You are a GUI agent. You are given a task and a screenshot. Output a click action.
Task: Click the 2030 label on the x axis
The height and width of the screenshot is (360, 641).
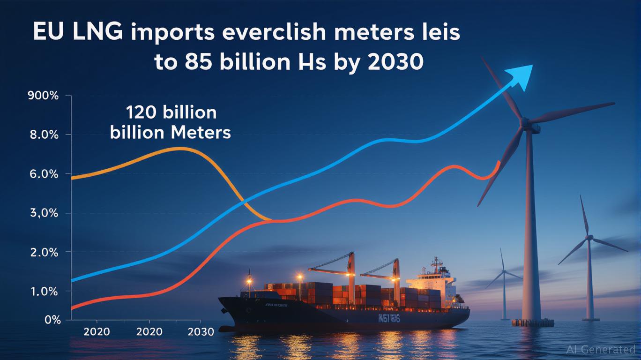tap(201, 332)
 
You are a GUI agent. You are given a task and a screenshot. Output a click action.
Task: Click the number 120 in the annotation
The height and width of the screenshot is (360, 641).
tap(145, 113)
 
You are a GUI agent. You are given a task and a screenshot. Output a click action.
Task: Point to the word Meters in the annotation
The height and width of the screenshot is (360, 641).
tap(201, 133)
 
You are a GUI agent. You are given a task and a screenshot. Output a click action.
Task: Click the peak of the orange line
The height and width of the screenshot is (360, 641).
tap(180, 149)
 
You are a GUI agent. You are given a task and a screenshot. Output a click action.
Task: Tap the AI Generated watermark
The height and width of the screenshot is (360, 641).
tap(601, 349)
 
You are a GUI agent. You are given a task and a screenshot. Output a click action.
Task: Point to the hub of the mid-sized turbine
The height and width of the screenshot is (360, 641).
tap(589, 238)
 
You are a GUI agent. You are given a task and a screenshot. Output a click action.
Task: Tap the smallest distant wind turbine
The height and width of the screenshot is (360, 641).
tap(503, 277)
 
